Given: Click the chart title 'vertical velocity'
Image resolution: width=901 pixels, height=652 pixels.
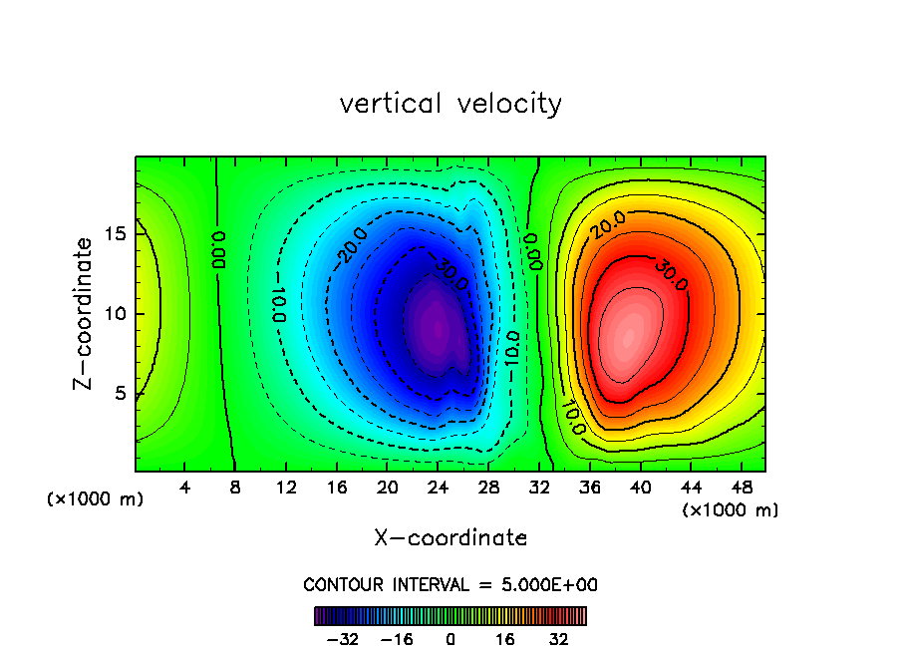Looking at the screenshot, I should [x=450, y=104].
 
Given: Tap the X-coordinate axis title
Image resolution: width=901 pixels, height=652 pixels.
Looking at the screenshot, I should [x=450, y=538].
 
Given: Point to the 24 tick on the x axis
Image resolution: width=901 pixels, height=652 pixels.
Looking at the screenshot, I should [x=438, y=488].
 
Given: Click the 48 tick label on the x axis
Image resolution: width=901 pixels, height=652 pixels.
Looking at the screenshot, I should [x=740, y=488].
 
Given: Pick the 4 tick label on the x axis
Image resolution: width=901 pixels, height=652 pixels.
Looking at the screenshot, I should [x=185, y=488].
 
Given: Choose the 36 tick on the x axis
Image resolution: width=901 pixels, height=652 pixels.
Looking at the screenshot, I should [x=589, y=488].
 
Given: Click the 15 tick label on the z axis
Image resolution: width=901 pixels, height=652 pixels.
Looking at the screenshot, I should [x=117, y=235].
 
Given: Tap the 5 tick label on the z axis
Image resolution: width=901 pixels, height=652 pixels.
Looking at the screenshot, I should [x=122, y=393].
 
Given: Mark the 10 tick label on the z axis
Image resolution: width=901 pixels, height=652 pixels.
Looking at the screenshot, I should [x=117, y=314].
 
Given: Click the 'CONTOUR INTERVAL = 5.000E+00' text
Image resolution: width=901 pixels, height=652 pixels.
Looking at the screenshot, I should [x=450, y=585].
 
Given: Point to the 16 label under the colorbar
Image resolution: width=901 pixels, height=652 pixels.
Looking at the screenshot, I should [x=505, y=639].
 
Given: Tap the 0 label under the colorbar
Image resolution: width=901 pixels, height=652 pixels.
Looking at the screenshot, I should [x=450, y=639].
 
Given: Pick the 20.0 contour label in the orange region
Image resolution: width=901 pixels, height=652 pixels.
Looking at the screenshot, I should [x=607, y=225].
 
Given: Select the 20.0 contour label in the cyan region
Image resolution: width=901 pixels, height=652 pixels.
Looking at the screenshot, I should [x=351, y=245].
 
